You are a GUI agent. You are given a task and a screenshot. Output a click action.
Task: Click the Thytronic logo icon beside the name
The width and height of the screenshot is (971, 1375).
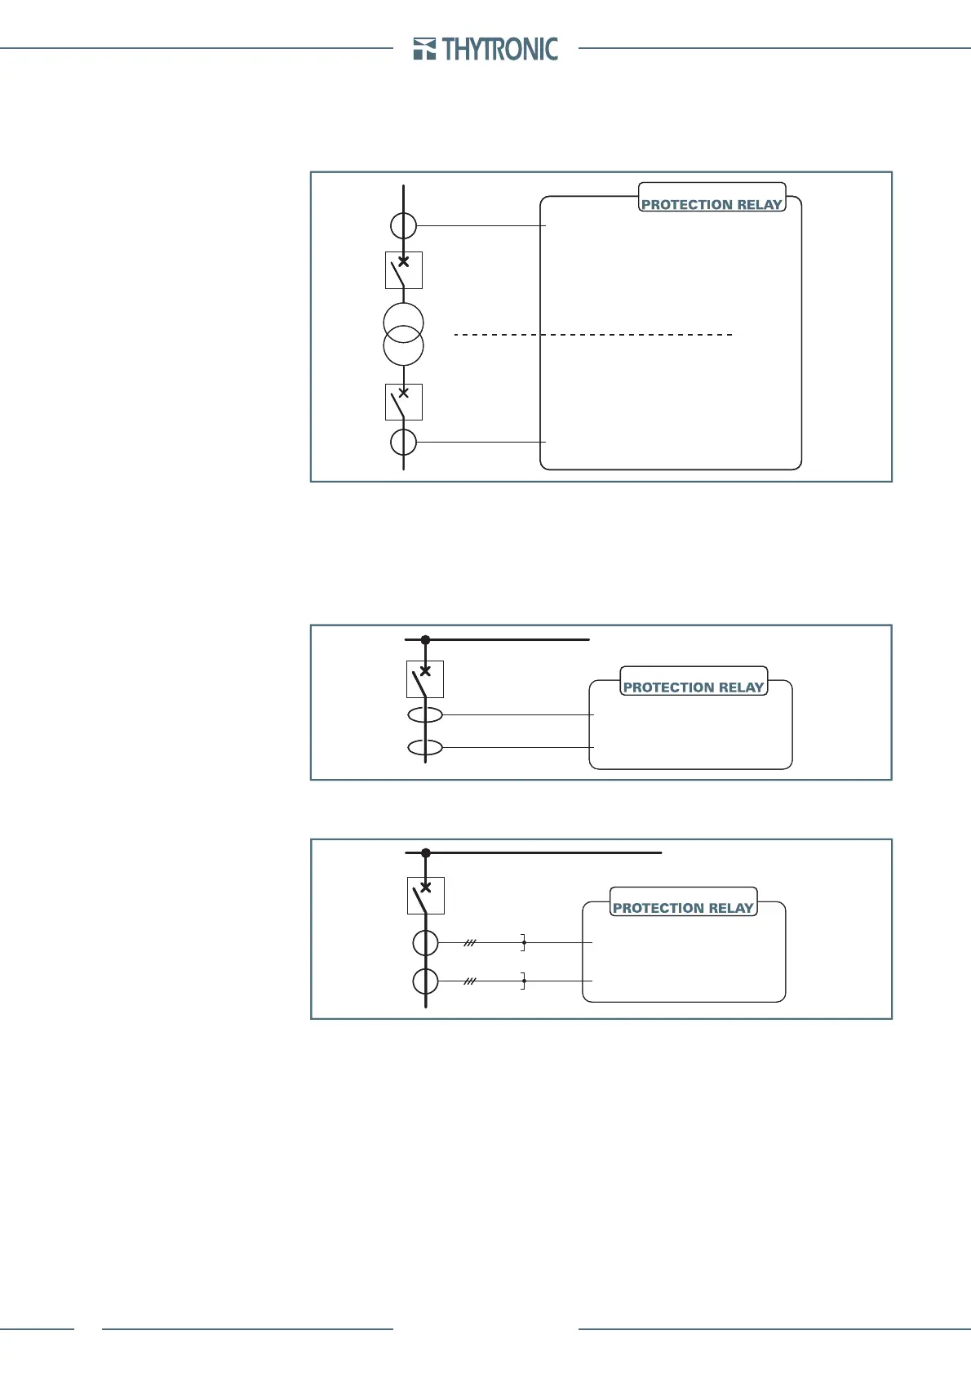[x=425, y=49]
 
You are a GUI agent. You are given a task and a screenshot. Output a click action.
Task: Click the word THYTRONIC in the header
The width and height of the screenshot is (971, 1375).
[x=500, y=49]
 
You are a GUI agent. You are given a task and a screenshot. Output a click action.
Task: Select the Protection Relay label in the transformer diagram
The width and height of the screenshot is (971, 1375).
[x=712, y=204]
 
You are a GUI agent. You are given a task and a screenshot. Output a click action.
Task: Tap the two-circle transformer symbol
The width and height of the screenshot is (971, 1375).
[x=403, y=333]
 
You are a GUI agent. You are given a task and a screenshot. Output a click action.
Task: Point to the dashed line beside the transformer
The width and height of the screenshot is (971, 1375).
[x=592, y=335]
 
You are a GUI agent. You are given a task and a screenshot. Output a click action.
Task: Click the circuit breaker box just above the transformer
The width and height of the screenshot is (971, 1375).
[x=403, y=270]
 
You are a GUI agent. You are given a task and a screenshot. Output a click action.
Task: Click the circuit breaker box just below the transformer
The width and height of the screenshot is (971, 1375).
[x=403, y=402]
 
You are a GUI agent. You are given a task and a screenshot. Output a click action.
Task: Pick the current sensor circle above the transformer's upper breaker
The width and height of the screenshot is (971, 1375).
[x=403, y=225]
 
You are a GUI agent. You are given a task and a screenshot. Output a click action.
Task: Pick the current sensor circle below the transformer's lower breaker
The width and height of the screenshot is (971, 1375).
[x=403, y=442]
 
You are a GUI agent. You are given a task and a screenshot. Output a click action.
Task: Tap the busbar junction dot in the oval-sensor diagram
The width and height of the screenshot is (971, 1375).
[x=425, y=640]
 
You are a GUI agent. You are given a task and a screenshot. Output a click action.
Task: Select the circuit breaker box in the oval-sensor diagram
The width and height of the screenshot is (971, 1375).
[x=425, y=679]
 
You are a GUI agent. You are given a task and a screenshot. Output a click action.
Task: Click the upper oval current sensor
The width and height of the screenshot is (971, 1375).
[x=425, y=714]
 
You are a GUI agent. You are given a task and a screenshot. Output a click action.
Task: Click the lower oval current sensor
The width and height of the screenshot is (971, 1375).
[x=425, y=747]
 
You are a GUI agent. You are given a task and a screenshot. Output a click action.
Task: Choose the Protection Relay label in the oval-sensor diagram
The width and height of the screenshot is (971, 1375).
[x=694, y=687]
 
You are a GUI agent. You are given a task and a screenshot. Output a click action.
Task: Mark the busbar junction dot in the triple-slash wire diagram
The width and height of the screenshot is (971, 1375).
[x=425, y=852]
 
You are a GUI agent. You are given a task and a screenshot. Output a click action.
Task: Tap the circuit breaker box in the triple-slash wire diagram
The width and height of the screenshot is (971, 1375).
[x=425, y=896]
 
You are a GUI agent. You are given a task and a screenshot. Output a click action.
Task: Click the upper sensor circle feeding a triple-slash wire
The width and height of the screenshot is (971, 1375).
[x=425, y=942]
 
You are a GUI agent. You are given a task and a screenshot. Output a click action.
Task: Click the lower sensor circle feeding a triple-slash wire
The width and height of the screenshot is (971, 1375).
[x=425, y=981]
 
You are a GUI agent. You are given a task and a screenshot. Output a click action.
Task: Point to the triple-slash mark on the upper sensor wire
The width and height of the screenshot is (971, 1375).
[x=470, y=942]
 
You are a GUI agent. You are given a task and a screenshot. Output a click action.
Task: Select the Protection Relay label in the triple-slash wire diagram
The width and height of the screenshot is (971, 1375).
[x=683, y=907]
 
